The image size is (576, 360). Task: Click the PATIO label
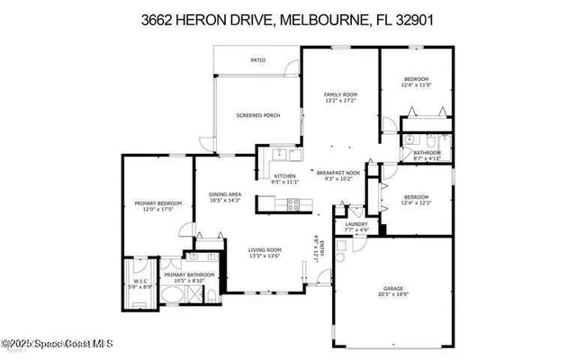pyautogui.click(x=257, y=60)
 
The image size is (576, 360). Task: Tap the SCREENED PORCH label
pyautogui.click(x=258, y=116)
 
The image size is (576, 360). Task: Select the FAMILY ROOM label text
pyautogui.click(x=341, y=94)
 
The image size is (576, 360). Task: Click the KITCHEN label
pyautogui.click(x=284, y=175)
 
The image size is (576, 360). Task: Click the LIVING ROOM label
pyautogui.click(x=265, y=250)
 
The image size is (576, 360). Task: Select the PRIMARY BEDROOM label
pyautogui.click(x=157, y=204)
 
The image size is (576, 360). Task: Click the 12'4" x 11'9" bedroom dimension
pyautogui.click(x=415, y=85)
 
